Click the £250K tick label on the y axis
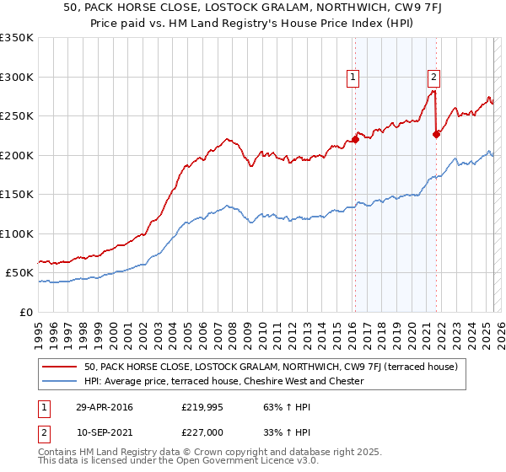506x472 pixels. pyautogui.click(x=17, y=116)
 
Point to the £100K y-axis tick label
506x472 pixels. pyautogui.click(x=17, y=234)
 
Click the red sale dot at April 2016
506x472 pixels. pyautogui.click(x=355, y=140)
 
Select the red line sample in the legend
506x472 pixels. pyautogui.click(x=60, y=367)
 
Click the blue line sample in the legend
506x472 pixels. pyautogui.click(x=60, y=381)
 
